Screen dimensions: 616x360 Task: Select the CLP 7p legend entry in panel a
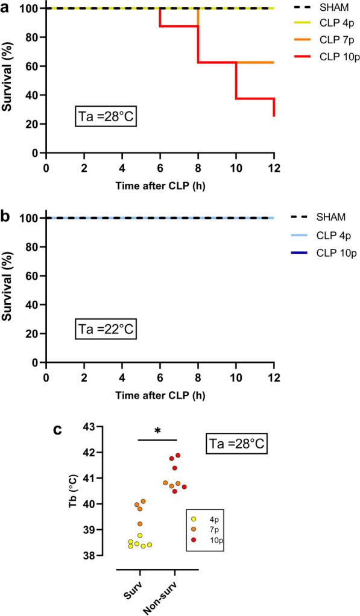pyautogui.click(x=319, y=45)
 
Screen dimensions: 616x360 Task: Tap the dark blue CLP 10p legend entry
pyautogui.click(x=319, y=253)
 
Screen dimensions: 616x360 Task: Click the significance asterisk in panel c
pyautogui.click(x=157, y=431)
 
